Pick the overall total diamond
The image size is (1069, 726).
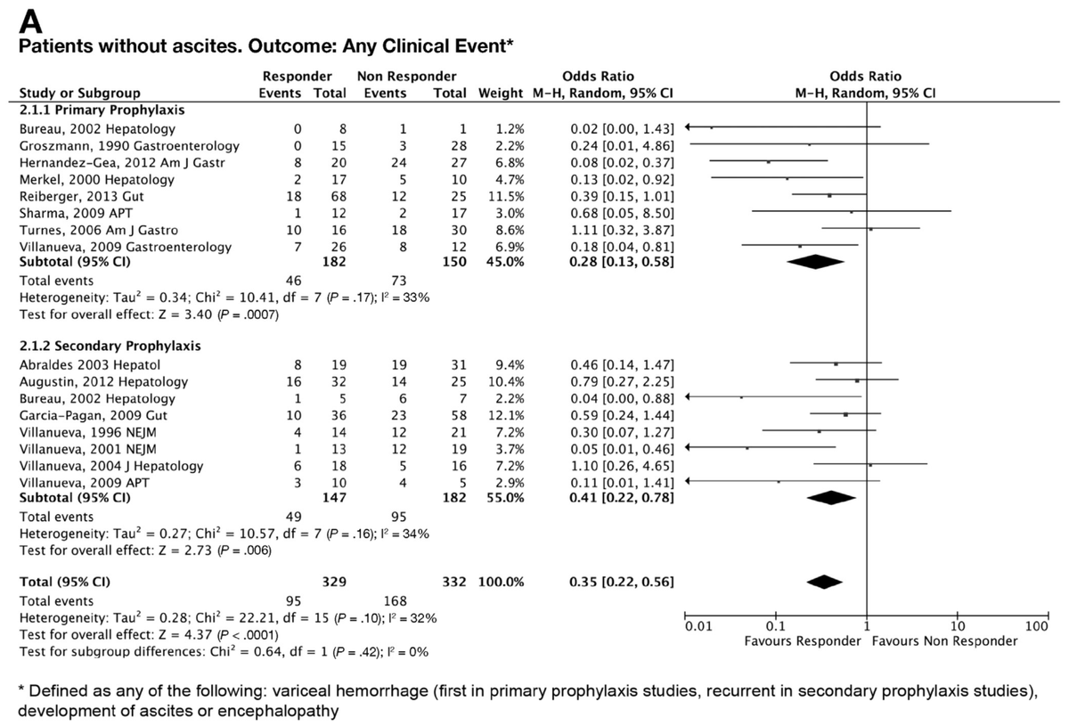pos(824,582)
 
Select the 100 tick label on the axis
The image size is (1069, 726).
pos(1037,627)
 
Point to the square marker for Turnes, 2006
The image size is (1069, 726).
pos(870,229)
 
